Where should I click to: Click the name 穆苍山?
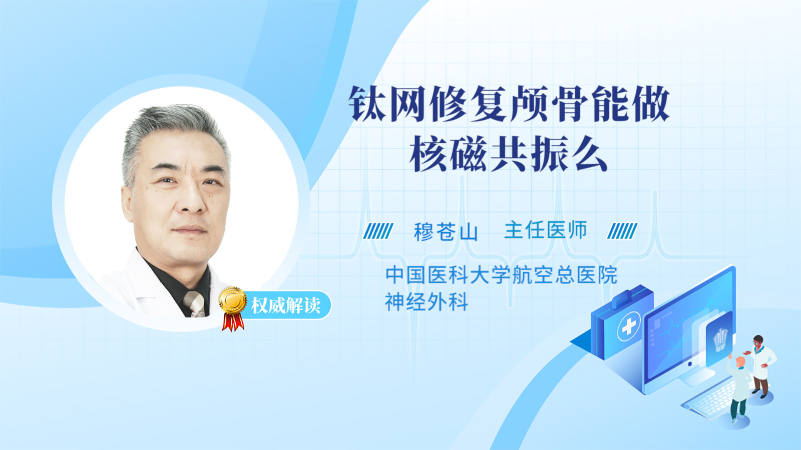pos(446,231)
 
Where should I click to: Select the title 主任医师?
pos(546,229)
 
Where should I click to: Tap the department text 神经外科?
pos(427,302)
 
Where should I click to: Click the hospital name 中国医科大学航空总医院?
pos(501,274)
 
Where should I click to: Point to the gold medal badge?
pos(233,300)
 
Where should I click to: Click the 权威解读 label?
pos(285,305)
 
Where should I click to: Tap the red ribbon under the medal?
pos(233,321)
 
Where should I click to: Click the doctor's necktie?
pos(194,303)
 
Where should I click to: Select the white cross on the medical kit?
pos(628,326)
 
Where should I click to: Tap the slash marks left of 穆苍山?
pos(378,231)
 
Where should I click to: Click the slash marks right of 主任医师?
pos(622,231)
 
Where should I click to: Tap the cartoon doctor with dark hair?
pos(761,365)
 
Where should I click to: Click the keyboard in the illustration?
pos(710,402)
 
